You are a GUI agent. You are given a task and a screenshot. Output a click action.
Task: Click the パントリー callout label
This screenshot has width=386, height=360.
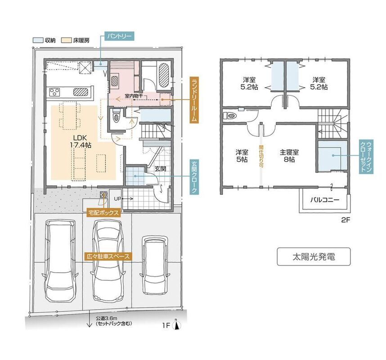tap(119, 36)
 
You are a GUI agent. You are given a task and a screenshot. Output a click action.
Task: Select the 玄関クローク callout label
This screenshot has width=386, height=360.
tap(194, 176)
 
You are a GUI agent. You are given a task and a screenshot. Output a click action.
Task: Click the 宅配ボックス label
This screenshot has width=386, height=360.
tap(103, 212)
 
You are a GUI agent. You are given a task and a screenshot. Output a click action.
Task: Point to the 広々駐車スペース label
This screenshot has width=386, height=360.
tap(108, 256)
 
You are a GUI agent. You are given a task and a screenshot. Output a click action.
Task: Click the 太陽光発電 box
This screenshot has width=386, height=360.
tap(314, 256)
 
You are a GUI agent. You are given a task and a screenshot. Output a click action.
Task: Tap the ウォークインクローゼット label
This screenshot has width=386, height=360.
tap(366, 157)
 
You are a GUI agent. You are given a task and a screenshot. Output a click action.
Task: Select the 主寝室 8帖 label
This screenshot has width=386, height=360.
tap(289, 155)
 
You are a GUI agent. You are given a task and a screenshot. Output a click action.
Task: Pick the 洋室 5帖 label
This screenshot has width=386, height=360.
tap(242, 155)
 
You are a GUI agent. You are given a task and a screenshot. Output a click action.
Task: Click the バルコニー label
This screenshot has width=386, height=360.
tap(324, 199)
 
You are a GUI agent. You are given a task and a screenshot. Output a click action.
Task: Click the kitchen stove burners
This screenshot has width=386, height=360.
tap(54, 92)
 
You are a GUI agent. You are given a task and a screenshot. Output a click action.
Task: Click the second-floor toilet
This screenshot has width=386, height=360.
tap(230, 115)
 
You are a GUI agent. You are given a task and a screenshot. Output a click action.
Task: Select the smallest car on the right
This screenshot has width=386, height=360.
tap(156, 265)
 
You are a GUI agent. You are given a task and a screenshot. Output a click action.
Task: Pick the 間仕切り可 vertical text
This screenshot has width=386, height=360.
tap(261, 156)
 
